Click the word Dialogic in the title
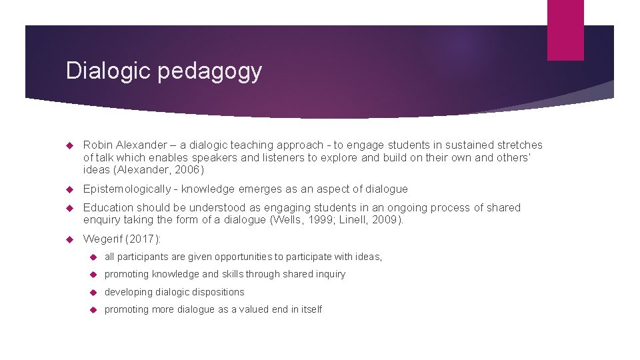click(x=109, y=71)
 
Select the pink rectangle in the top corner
click(x=565, y=30)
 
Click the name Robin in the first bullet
click(x=99, y=145)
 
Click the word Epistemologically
click(x=128, y=189)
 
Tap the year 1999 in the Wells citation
click(x=315, y=219)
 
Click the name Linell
click(x=355, y=219)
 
